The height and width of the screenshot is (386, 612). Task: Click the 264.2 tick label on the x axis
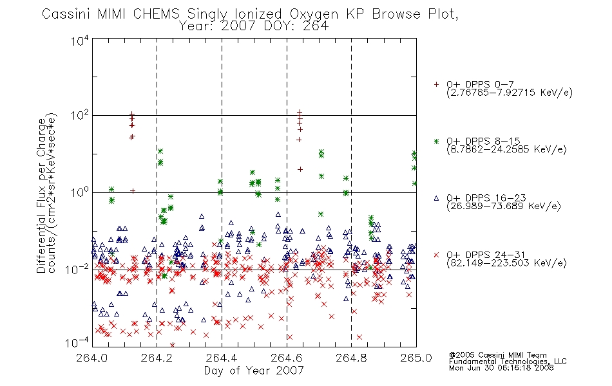click(x=157, y=358)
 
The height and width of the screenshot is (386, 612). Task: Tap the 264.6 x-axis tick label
click(x=287, y=358)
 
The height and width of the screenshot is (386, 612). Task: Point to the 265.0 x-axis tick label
click(x=416, y=358)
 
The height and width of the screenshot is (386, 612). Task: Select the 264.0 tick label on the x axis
click(x=92, y=358)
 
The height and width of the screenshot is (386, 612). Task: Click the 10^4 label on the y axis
click(x=80, y=41)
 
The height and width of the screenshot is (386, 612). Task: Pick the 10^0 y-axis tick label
click(x=80, y=192)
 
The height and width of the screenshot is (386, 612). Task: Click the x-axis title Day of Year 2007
click(x=254, y=371)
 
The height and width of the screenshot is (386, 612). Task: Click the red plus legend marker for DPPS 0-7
click(x=436, y=84)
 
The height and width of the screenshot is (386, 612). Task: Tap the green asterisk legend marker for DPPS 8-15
click(x=436, y=141)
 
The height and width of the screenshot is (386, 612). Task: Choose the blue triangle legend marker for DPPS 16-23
click(x=436, y=198)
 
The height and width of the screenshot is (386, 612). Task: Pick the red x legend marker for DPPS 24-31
click(x=436, y=255)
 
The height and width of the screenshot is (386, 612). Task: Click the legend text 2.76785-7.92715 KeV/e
click(x=510, y=93)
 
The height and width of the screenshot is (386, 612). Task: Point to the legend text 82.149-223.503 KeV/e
click(x=506, y=263)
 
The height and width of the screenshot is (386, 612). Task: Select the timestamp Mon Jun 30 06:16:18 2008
click(x=501, y=368)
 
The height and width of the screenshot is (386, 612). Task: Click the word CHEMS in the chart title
click(x=157, y=14)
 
